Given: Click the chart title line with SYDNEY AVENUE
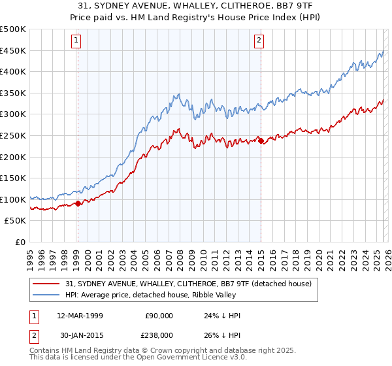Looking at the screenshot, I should (x=195, y=5).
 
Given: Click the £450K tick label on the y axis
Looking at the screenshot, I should (x=13, y=50).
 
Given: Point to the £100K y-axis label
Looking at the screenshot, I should (x=13, y=199).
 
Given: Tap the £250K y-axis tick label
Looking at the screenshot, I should (x=13, y=135).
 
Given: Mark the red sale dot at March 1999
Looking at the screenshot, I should (x=78, y=203).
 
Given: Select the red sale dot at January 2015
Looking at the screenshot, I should (x=261, y=140).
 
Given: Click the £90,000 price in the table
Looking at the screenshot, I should (x=159, y=316).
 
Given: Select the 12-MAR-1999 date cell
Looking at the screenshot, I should (x=80, y=316).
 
